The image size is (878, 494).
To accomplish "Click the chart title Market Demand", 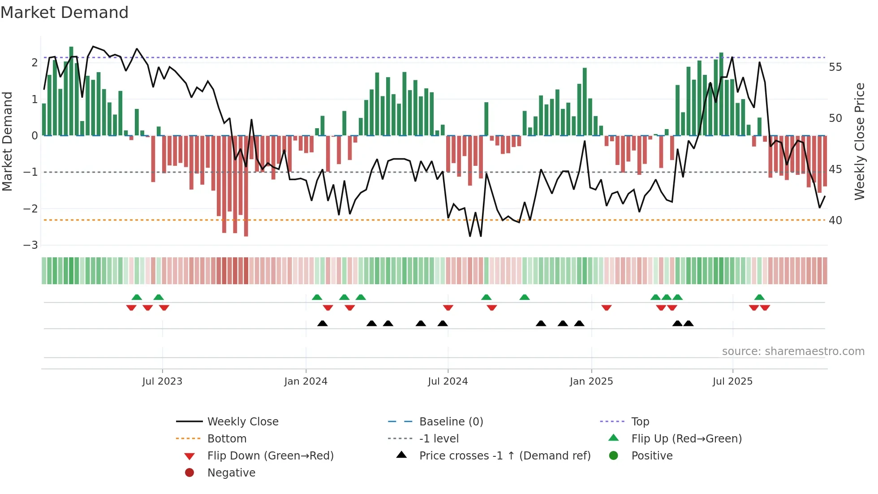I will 65,13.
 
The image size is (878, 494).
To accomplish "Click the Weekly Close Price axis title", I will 859,141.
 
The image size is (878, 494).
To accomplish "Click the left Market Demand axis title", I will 7,141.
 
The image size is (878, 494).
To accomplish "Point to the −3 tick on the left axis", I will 30,245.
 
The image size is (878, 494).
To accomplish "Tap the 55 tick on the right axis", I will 835,67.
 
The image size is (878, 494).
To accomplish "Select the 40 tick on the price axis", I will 835,221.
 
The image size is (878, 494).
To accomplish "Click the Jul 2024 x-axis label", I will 448,381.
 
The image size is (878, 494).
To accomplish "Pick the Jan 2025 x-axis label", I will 591,381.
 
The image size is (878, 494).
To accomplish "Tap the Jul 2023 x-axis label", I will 162,381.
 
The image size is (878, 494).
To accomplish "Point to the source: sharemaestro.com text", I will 793,351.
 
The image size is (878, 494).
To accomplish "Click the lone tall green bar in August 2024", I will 486,119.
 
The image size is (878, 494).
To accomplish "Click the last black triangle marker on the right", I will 689,324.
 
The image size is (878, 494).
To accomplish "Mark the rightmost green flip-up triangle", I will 759,297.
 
